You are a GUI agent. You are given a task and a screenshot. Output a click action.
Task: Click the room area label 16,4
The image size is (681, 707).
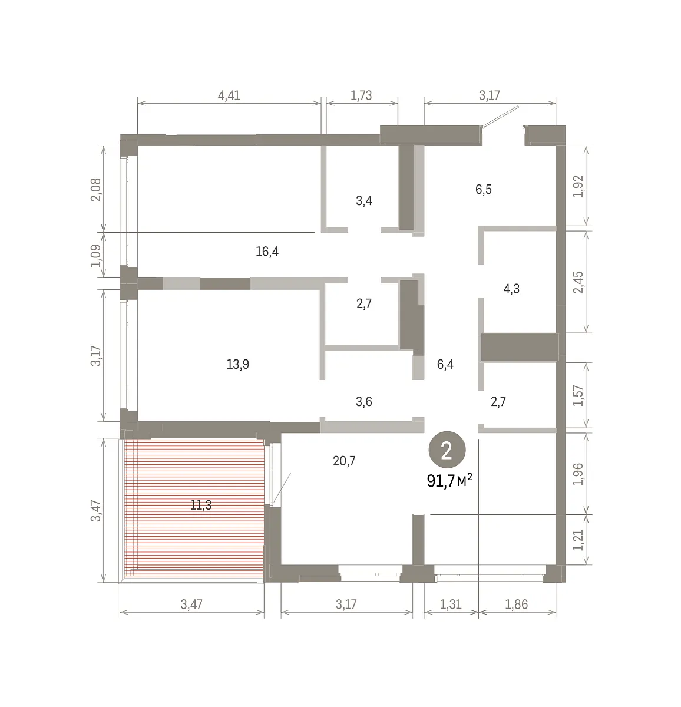pos(267,252)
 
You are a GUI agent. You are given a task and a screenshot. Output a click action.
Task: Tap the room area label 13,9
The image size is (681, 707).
pos(238,364)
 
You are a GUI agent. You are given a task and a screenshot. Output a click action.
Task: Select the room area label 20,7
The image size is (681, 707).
pos(344,461)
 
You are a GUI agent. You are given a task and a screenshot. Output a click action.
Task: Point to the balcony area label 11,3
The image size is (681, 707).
pos(201,505)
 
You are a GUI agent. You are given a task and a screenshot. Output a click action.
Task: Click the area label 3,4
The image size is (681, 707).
pos(363,200)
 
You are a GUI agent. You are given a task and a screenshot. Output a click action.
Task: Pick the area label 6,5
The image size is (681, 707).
pos(484,189)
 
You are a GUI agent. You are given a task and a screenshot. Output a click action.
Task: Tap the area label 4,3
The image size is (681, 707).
pos(511,289)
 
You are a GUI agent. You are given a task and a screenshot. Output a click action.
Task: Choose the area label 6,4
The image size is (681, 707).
pos(445,364)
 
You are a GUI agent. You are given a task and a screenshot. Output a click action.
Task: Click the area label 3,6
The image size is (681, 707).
pos(363,401)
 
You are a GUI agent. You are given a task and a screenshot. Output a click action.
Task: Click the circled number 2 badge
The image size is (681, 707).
pos(447,450)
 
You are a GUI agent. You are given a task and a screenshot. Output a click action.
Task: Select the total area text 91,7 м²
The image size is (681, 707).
pos(449,481)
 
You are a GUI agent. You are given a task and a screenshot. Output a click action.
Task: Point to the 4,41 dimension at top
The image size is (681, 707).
pos(229,95)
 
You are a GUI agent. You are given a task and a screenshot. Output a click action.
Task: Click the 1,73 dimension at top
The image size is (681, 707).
pos(361,95)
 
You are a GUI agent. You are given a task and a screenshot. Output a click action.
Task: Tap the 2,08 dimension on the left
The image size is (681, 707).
pos(96,190)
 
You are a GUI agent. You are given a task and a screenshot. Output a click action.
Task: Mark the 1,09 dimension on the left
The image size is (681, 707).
pos(96,256)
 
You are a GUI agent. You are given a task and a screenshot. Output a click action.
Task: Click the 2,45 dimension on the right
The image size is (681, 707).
pos(578,282)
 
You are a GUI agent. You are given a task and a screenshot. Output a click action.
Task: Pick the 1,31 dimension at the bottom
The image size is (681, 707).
pos(451,604)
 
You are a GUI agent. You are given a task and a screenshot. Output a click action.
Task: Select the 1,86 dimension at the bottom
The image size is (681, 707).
pos(516,604)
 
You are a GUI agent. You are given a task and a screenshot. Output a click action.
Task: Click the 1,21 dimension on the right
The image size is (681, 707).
pos(578,540)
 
